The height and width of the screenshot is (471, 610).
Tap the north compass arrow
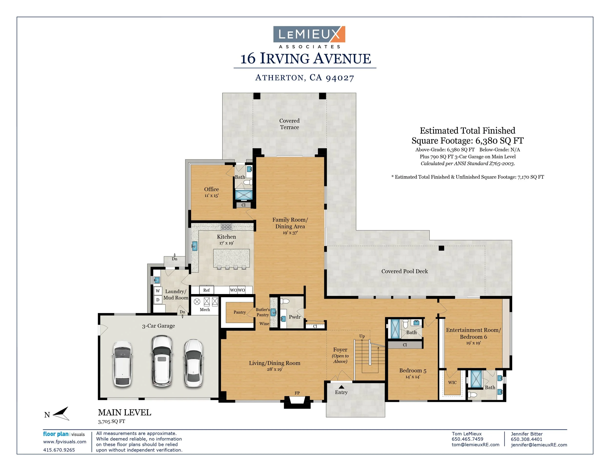pyautogui.click(x=61, y=413)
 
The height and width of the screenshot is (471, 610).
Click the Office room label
pyautogui.click(x=212, y=189)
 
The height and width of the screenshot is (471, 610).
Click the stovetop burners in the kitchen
pyautogui.click(x=226, y=227)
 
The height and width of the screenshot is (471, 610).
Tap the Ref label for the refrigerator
pyautogui.click(x=206, y=290)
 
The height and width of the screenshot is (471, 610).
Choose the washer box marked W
pyautogui.click(x=158, y=291)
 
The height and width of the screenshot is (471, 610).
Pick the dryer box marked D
pyautogui.click(x=158, y=300)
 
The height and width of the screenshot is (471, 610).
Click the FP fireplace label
pyautogui.click(x=297, y=393)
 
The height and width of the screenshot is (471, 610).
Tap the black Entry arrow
pyautogui.click(x=341, y=387)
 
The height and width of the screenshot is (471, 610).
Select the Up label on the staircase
pyautogui.click(x=362, y=336)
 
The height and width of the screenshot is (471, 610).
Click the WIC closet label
pyautogui.click(x=452, y=382)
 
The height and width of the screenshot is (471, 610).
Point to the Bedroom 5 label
pyautogui.click(x=413, y=371)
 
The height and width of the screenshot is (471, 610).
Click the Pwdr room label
pyautogui.click(x=295, y=317)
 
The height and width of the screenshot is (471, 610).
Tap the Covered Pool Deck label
pyautogui.click(x=405, y=271)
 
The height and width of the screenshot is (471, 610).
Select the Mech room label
pyautogui.click(x=205, y=309)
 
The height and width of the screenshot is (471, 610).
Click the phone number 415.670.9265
pyautogui.click(x=59, y=450)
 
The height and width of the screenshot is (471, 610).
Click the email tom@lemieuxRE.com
pyautogui.click(x=476, y=445)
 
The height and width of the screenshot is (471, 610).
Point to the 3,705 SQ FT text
pyautogui.click(x=112, y=421)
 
